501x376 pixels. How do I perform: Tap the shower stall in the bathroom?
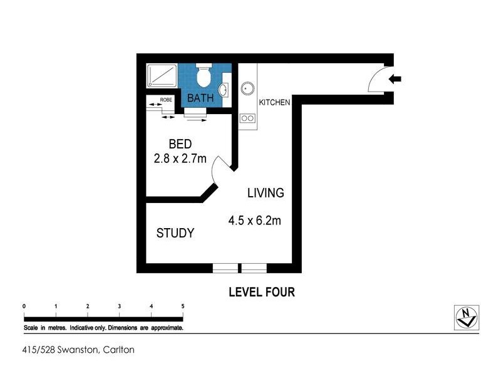point(162,76)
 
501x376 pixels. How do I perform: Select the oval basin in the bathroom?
point(224,90)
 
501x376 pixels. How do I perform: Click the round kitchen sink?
point(247,88)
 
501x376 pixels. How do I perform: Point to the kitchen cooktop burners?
point(247,118)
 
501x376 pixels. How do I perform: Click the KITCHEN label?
point(274,102)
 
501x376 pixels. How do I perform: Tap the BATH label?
point(200,98)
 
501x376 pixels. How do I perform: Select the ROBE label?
point(166,100)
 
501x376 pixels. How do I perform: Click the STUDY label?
point(175,233)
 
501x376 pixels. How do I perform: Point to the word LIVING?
point(266,193)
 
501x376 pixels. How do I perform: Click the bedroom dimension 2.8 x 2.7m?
point(180,159)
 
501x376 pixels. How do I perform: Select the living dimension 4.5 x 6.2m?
point(255,221)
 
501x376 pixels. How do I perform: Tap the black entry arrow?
point(395,79)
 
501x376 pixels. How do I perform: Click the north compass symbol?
point(467,318)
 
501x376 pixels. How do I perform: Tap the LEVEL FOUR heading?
point(262,292)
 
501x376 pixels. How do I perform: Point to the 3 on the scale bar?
point(119,306)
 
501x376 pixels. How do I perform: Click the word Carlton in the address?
point(118,350)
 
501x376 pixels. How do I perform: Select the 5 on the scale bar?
point(183,306)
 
